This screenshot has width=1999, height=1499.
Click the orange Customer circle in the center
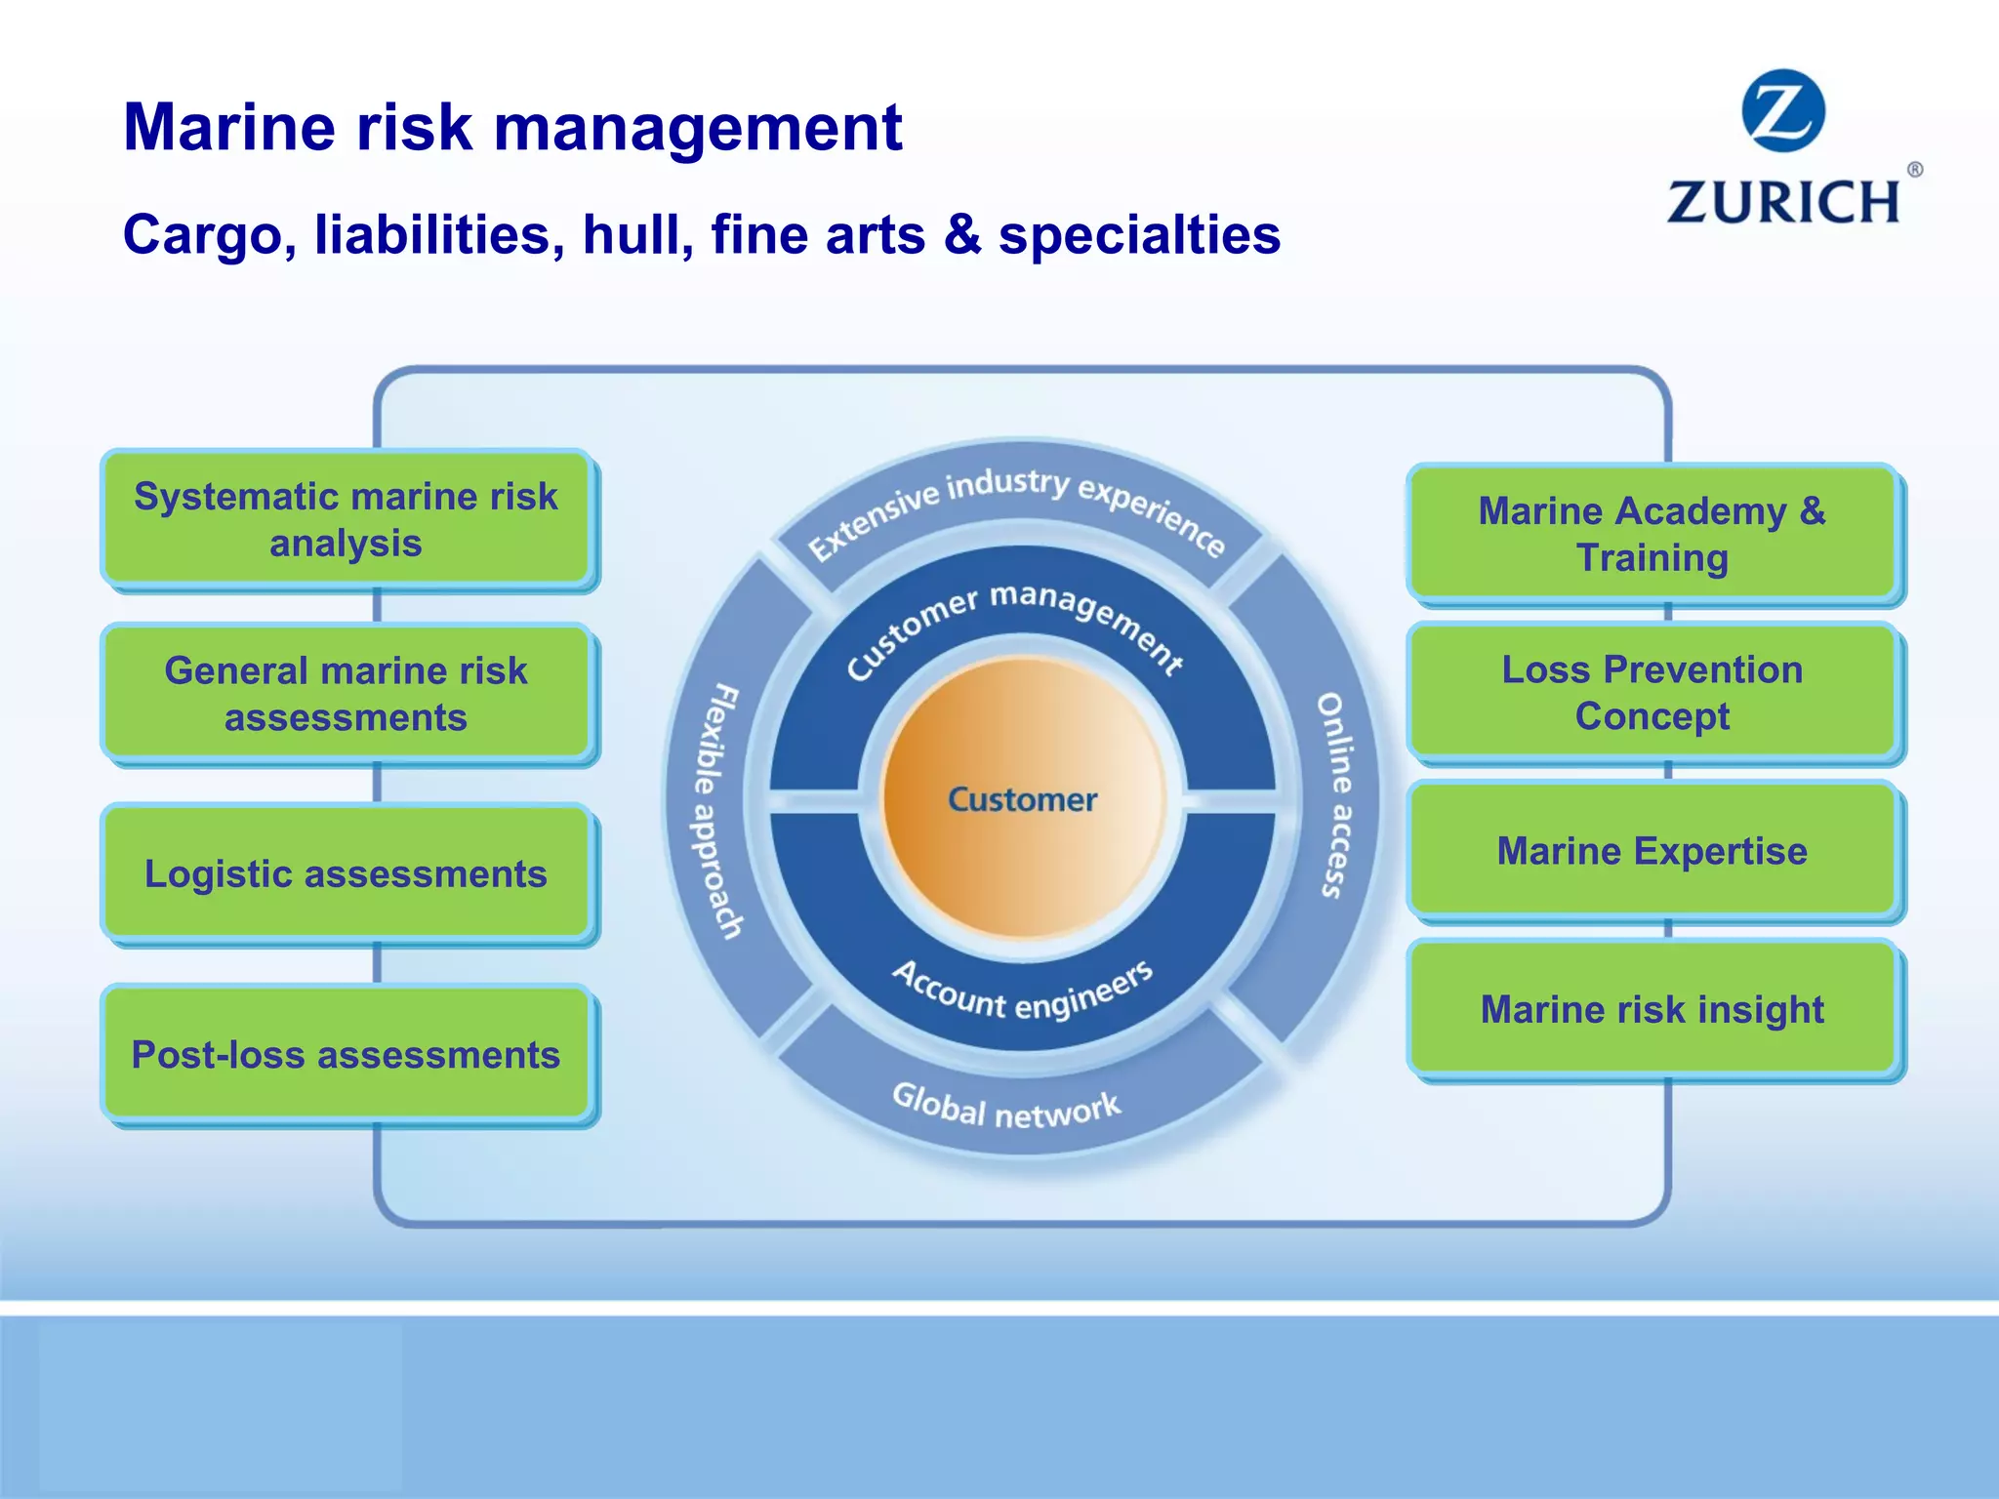pos(1023,798)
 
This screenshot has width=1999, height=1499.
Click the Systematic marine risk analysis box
pos(347,519)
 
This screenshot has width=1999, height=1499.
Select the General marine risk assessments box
pos(347,694)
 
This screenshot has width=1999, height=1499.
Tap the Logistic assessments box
pos(347,873)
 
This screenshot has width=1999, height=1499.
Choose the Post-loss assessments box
pos(347,1054)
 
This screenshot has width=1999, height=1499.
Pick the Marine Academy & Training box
pos(1652,534)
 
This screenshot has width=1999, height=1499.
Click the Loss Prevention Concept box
pos(1652,692)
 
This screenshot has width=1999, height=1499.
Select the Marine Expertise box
pos(1652,851)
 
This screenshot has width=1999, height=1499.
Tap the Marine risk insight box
pos(1652,1009)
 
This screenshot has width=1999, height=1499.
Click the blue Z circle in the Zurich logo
pos(1783,110)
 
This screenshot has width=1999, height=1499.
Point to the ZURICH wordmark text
pos(1783,202)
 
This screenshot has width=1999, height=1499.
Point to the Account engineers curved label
pos(1023,991)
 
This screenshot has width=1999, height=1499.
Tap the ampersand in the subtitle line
pos(962,235)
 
